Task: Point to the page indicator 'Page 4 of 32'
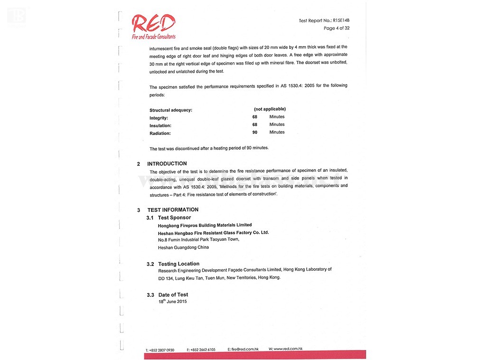(337, 28)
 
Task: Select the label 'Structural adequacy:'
(171, 110)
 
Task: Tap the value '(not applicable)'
(270, 109)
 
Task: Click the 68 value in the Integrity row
(255, 117)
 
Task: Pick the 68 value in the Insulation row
(255, 124)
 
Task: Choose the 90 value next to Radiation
(255, 132)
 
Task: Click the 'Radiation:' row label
(160, 133)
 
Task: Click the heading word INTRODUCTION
(167, 163)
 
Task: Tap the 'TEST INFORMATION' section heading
(173, 209)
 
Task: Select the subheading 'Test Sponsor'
(174, 218)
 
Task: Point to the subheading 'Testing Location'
(179, 264)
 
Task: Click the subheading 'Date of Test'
(173, 294)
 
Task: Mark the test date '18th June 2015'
(173, 301)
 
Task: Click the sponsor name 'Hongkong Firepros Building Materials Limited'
(205, 225)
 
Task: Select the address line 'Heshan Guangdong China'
(183, 247)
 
